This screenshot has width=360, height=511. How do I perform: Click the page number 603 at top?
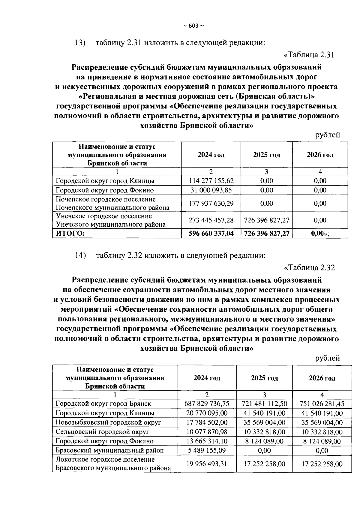193,26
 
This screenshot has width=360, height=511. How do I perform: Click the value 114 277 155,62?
211,181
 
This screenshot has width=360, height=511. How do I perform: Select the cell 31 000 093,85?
211,190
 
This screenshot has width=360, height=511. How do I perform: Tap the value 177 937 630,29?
211,203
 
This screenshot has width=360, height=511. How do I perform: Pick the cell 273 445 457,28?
211,220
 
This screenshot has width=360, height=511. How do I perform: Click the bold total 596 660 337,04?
211,234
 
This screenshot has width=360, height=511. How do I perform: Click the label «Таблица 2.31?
309,55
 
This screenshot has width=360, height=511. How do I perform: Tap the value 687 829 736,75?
207,404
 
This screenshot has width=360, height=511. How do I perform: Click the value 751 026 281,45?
322,404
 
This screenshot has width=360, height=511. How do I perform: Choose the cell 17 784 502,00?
207,422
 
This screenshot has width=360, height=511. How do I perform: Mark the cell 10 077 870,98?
207,432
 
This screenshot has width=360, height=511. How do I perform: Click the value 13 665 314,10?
207,441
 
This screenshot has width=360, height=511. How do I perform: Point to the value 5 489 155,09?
207,450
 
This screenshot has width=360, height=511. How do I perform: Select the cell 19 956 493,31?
207,464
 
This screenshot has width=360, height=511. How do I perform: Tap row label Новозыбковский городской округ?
108,422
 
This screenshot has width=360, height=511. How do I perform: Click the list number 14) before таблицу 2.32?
80,255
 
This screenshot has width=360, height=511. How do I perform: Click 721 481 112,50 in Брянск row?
264,404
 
